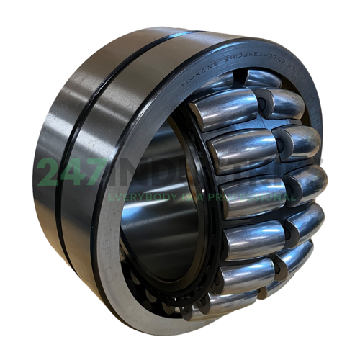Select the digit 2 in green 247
pos(49,173)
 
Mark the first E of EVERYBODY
pos(110,196)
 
